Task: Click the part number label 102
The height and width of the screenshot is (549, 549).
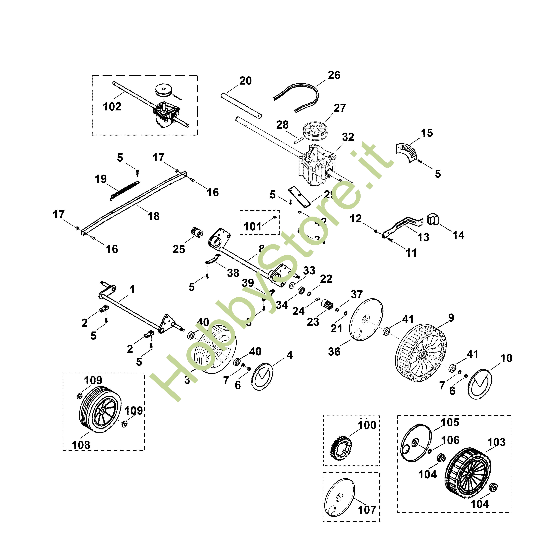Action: click(112, 107)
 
